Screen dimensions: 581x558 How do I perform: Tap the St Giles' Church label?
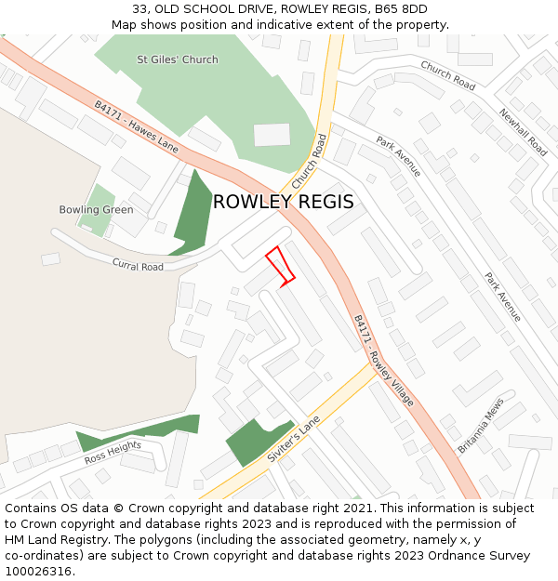(177, 59)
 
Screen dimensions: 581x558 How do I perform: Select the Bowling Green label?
(96, 210)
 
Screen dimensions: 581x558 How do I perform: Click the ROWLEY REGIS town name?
(283, 202)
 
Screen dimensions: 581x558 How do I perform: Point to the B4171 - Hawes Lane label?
(136, 126)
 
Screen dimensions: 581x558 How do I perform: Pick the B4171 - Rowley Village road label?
(383, 360)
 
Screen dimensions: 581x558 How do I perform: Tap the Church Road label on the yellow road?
(311, 160)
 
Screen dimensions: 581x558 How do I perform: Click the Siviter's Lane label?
(294, 439)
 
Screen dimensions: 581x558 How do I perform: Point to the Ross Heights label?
(113, 453)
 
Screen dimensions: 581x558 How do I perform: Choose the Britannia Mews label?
(480, 426)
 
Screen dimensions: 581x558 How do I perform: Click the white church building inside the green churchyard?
(272, 135)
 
